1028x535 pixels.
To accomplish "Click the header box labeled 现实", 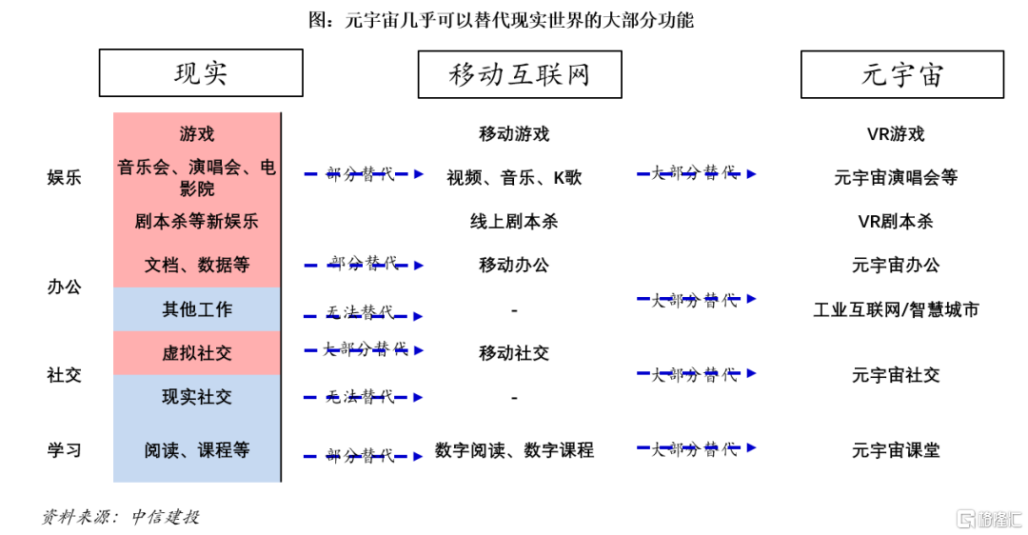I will [x=201, y=73].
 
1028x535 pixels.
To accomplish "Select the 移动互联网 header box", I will [x=520, y=74].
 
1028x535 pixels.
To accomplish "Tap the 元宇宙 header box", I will [x=901, y=74].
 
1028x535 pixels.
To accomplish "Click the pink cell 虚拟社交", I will [x=197, y=353].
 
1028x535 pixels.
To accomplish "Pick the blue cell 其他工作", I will [x=197, y=309].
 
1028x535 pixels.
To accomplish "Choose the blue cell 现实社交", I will [x=197, y=397].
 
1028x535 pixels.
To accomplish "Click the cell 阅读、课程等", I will [x=197, y=450].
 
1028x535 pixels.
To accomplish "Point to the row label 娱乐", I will [x=65, y=177].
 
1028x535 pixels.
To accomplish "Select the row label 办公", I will [x=65, y=286].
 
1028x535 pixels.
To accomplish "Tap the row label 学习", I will [x=65, y=450].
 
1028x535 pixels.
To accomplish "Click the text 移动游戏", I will [x=514, y=134].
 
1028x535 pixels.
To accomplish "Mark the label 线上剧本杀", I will [x=514, y=222].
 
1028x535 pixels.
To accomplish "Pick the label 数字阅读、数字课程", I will [x=514, y=450].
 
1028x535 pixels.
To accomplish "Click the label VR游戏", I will [x=896, y=134].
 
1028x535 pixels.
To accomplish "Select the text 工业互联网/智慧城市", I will [x=896, y=309].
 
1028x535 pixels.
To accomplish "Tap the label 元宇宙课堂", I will [x=896, y=450].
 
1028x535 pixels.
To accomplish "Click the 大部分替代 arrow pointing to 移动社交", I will [x=364, y=349].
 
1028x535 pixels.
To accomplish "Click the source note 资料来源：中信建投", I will [x=121, y=517].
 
